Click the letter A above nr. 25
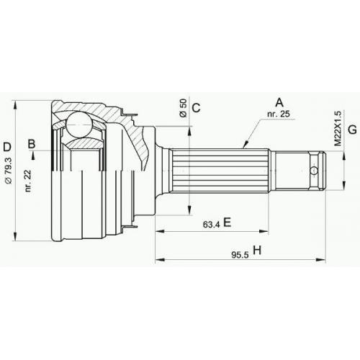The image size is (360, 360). click(x=279, y=102)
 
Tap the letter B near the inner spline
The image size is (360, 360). click(x=32, y=144)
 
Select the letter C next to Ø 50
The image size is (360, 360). click(x=197, y=108)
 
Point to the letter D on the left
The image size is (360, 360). click(x=7, y=147)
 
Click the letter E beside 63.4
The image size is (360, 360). click(x=227, y=222)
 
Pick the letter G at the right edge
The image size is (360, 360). click(x=352, y=130)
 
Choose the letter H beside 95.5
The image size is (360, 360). click(x=257, y=251)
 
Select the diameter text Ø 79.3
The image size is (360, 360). click(x=9, y=171)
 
